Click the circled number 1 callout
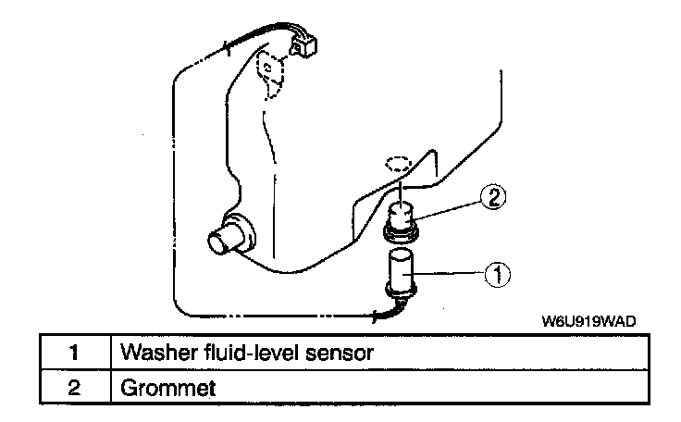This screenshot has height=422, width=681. pyautogui.click(x=497, y=273)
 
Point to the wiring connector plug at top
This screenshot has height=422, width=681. pyautogui.click(x=305, y=43)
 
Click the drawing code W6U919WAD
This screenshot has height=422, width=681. pyautogui.click(x=589, y=321)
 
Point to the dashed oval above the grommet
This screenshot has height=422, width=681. pyautogui.click(x=397, y=165)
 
